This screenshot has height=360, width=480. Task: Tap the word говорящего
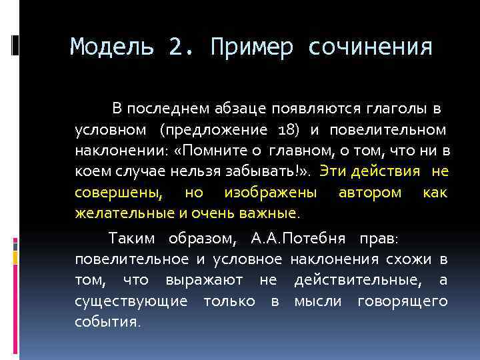point(403,302)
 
